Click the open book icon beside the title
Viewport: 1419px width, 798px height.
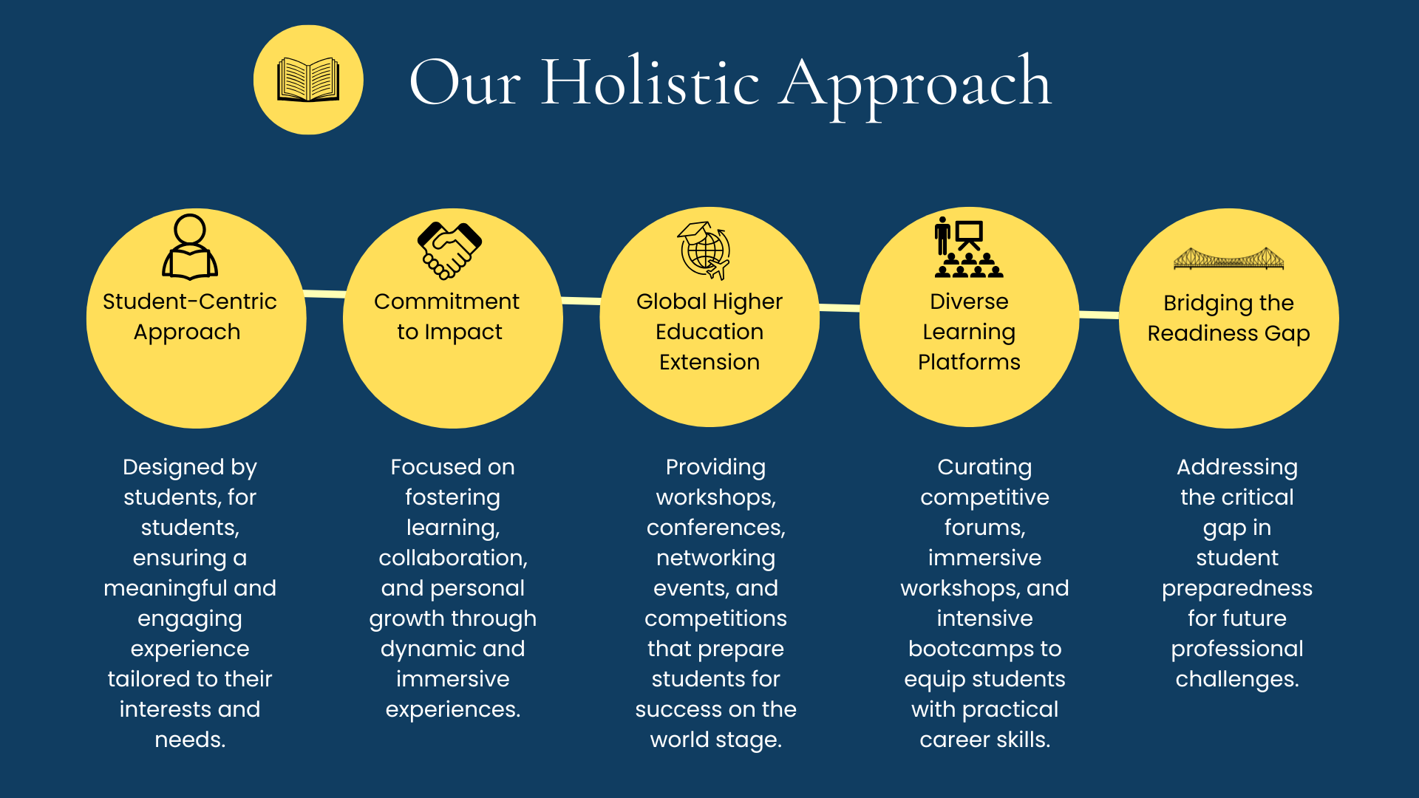coord(308,80)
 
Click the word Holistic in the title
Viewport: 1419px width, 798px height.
coord(650,82)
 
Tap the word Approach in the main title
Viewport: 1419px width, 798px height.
coord(916,87)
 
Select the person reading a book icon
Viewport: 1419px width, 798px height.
coord(190,247)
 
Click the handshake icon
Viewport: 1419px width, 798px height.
coord(449,250)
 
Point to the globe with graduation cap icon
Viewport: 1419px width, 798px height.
coord(704,250)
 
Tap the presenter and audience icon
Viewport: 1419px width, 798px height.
coord(968,247)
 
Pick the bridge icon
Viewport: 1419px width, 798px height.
coord(1228,259)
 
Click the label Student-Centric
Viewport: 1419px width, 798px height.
coord(190,301)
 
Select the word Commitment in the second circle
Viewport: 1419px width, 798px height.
coord(446,301)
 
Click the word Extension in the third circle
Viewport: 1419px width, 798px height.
coord(709,362)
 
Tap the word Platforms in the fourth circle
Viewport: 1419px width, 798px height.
coord(969,362)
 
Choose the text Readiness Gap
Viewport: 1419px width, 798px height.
coord(1228,334)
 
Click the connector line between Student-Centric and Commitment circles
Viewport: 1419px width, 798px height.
coord(324,294)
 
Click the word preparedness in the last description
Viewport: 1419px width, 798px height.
coord(1237,589)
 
